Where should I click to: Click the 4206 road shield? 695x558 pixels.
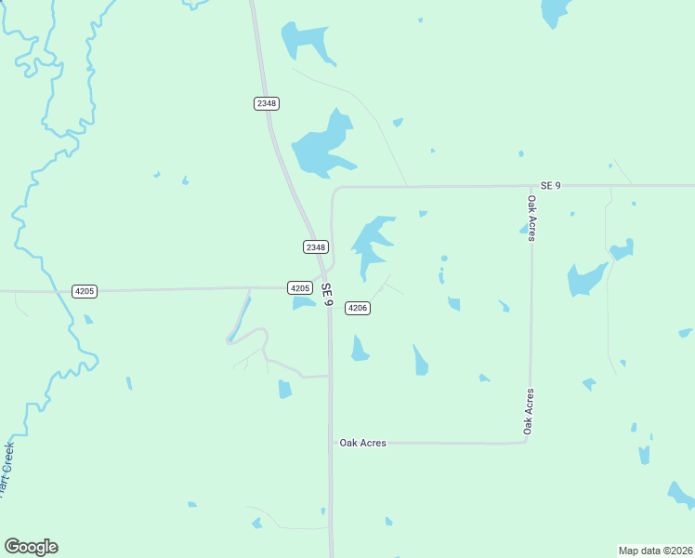(358, 308)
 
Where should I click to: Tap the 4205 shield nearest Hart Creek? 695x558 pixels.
(85, 291)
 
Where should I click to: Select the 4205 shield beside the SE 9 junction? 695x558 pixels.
(299, 288)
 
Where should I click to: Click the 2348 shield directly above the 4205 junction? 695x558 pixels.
(316, 246)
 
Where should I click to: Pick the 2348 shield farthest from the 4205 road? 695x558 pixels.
(266, 103)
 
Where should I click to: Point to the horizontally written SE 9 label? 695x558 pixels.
(551, 186)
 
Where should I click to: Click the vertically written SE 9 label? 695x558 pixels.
(326, 291)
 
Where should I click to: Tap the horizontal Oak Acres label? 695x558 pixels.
(362, 444)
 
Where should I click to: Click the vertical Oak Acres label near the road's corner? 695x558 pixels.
(528, 411)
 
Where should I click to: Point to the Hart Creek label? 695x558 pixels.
(7, 465)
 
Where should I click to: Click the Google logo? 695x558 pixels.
(31, 547)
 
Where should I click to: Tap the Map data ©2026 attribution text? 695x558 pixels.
(655, 551)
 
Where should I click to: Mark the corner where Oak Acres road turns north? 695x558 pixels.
(526, 441)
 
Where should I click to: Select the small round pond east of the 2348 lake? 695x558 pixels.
(444, 258)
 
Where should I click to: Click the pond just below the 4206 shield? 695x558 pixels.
(359, 349)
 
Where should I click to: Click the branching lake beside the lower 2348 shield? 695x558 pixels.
(372, 244)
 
